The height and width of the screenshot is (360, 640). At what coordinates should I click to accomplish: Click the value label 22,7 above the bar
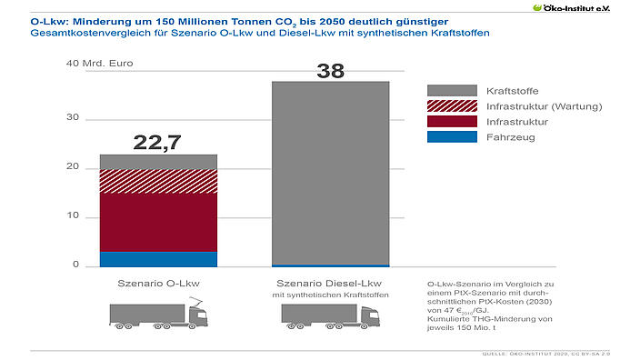coord(158,142)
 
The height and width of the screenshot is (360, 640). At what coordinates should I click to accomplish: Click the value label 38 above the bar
coord(331,69)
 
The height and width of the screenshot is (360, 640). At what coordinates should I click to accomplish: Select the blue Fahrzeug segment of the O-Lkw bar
coord(158,259)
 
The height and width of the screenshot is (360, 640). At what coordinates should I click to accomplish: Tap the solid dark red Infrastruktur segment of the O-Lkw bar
coord(158,223)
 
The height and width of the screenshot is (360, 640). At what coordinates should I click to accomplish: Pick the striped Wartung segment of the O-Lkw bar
coord(158,181)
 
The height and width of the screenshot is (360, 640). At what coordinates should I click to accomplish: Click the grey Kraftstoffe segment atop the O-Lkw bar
coord(158,162)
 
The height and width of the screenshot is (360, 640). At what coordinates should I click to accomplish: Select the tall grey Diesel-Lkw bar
coord(331,173)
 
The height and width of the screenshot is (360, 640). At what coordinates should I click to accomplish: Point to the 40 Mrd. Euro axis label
coord(92,65)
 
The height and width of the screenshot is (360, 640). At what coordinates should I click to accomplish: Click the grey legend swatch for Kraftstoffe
coord(452,91)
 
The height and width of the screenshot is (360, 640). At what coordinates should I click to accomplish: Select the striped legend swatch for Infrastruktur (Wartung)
coord(452,106)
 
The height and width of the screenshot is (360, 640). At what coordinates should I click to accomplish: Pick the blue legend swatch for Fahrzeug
coord(452,137)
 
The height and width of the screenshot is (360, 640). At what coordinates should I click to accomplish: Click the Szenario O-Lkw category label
coord(158,284)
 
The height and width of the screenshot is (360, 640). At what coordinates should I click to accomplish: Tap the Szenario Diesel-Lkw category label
coord(331,284)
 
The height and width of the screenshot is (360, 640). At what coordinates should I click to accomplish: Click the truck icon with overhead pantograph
coord(158,315)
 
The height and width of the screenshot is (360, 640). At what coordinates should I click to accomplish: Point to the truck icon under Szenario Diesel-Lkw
coord(331,315)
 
